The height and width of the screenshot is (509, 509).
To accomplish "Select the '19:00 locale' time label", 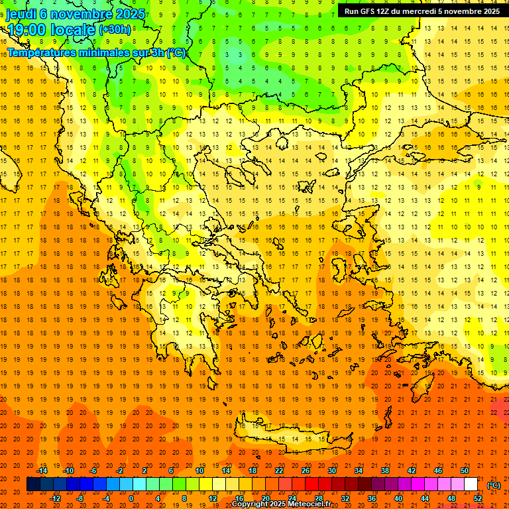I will [50, 30].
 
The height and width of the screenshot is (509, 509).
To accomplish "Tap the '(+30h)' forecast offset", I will [115, 30].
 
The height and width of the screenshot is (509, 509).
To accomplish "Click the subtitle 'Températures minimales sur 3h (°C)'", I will [97, 53].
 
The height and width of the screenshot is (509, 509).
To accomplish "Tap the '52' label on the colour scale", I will [477, 498].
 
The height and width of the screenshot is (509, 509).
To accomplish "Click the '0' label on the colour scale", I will [132, 498].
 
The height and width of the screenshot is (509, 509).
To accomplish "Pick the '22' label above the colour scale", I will [279, 470].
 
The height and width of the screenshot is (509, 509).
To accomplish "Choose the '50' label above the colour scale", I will [464, 470].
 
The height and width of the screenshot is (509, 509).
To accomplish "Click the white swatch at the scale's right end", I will [471, 484].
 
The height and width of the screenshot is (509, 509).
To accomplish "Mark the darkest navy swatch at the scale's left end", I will [33, 484].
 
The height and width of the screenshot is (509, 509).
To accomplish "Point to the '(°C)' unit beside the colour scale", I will [494, 485].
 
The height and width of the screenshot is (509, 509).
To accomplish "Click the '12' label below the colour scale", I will [212, 498].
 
